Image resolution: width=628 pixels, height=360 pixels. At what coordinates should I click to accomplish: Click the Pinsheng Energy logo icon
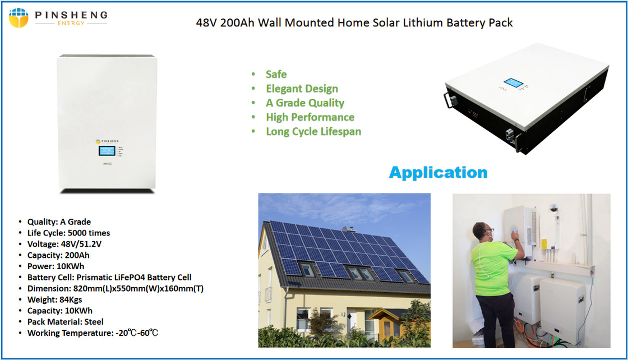pos(19,18)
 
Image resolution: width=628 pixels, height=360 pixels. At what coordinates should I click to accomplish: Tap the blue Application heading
pos(438,173)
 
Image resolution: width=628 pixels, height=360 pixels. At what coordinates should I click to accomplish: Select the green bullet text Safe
pos(276,75)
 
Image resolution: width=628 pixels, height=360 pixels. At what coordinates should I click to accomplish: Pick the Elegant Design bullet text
pos(302,89)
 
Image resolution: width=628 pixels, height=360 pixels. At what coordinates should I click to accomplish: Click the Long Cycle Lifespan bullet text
pos(313,132)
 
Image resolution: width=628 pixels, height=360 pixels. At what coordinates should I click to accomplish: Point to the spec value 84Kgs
pos(71,300)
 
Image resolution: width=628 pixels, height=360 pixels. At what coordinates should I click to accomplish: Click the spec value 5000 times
pos(89,233)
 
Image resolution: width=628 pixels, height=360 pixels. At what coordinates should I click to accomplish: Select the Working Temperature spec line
pos(93,333)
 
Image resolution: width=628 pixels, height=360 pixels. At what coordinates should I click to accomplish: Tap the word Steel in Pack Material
pos(94,322)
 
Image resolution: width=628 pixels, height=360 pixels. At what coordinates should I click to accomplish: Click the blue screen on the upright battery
pos(107,151)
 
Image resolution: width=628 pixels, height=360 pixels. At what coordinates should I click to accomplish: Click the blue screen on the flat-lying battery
pos(513,83)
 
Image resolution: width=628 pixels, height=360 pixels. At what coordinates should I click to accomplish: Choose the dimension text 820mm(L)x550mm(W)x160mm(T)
pos(138,289)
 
